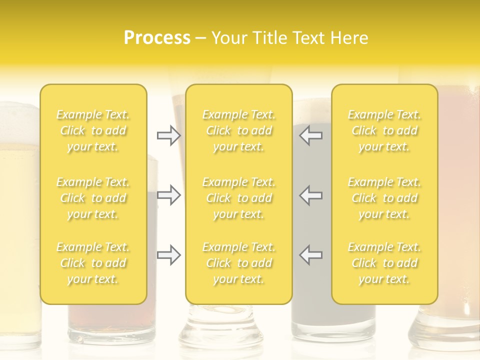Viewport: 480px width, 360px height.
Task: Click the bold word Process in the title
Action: (157, 38)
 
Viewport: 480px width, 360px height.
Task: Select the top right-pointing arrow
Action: (169, 135)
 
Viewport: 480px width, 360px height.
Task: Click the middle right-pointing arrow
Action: (169, 195)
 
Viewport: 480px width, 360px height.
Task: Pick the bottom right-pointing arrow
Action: (169, 255)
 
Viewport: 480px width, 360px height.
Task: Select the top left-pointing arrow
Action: (311, 135)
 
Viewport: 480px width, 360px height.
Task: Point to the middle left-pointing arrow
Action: (311, 195)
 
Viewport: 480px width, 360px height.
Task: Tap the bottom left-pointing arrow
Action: (311, 255)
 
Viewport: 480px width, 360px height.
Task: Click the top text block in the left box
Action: (93, 130)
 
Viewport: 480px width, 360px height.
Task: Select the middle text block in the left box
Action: (93, 198)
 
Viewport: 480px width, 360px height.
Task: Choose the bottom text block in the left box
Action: (93, 263)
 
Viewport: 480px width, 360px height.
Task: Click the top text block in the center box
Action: (239, 130)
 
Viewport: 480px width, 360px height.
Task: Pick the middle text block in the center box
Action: (239, 198)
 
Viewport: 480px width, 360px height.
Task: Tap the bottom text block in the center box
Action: (239, 263)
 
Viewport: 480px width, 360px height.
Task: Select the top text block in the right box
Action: (384, 130)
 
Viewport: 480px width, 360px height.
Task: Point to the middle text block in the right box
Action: (384, 198)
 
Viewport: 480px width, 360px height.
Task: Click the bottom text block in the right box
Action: (384, 263)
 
